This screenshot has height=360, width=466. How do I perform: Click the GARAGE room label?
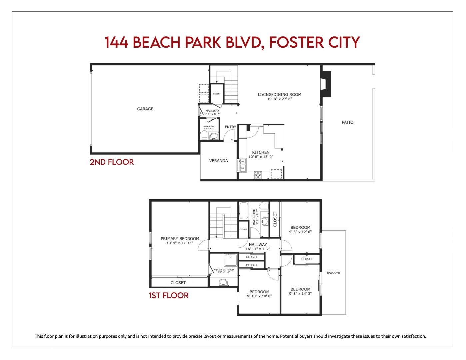(145, 109)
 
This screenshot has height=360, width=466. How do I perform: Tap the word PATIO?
(347, 122)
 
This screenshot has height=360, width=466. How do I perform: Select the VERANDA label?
(218, 161)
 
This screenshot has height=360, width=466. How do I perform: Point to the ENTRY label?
(230, 127)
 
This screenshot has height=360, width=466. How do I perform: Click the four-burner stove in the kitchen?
(258, 175)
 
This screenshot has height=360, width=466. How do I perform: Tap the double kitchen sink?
(242, 165)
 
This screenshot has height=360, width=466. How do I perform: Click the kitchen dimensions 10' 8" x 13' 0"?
(261, 157)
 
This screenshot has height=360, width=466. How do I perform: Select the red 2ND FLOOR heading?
(112, 162)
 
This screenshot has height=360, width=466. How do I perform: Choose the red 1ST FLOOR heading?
(169, 296)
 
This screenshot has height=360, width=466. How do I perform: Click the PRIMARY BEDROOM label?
(180, 239)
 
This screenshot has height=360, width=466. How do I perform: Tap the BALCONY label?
(334, 273)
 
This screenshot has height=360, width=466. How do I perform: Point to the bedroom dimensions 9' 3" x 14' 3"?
(300, 294)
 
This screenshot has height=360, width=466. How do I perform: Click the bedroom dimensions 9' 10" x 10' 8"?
(259, 296)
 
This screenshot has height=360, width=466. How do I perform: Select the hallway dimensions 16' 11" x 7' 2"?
(258, 249)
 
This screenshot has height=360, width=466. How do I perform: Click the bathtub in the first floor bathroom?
(244, 210)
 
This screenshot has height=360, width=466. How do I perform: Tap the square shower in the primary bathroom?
(230, 260)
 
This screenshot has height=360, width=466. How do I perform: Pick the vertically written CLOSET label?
(275, 219)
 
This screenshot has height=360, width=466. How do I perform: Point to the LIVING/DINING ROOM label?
(279, 94)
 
